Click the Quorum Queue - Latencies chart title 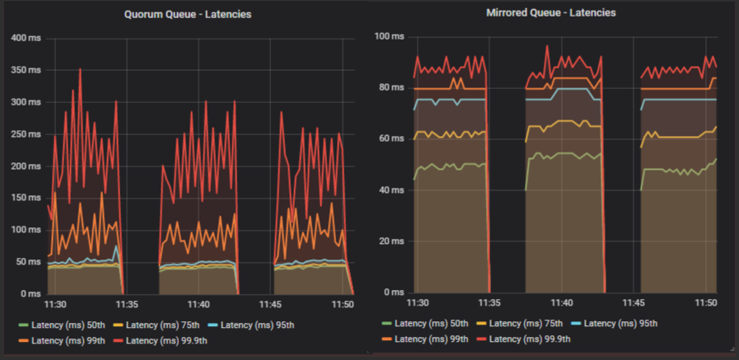[x=188, y=15]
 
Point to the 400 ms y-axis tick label [x=24, y=38]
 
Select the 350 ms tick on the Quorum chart [x=24, y=70]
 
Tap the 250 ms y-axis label [x=24, y=133]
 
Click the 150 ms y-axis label [x=24, y=198]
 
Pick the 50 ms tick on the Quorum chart [x=26, y=261]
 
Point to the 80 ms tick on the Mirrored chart [x=391, y=87]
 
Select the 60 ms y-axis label [x=391, y=138]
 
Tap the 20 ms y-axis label [x=391, y=241]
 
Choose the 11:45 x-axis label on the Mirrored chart [x=633, y=303]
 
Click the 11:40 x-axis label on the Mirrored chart [x=561, y=303]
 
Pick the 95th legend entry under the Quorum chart [x=254, y=325]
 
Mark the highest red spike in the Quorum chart [x=80, y=70]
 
